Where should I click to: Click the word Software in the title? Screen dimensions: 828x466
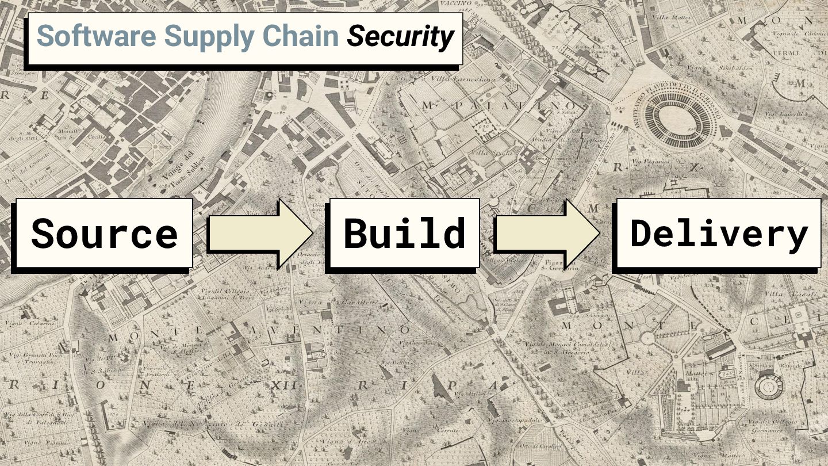(x=96, y=37)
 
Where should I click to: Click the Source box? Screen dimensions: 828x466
(x=104, y=233)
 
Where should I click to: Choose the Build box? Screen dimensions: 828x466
(x=404, y=233)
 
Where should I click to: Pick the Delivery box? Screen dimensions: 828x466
(x=719, y=233)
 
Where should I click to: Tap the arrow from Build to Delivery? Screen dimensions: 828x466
(x=547, y=234)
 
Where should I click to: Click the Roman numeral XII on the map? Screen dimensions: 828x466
(x=284, y=385)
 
